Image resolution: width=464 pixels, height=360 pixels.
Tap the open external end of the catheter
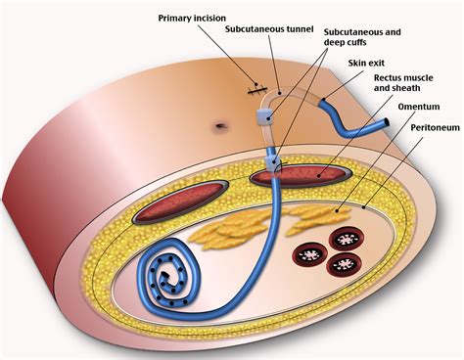tap(386, 123)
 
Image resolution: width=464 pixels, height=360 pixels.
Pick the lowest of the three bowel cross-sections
tap(344, 264)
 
